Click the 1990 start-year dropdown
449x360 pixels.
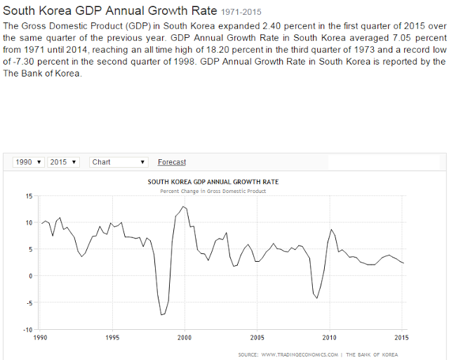point(29,162)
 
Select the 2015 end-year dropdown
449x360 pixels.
point(63,162)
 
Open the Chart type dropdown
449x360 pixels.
point(119,162)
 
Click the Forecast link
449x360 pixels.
point(172,162)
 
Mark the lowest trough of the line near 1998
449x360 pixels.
point(162,314)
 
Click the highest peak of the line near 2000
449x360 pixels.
point(183,206)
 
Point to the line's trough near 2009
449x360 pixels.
point(317,298)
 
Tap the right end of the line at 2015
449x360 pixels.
point(403,263)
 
